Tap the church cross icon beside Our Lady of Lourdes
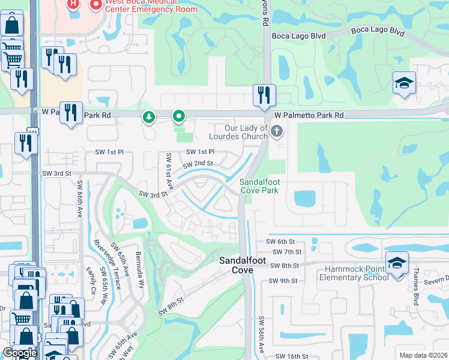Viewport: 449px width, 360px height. point(277,131)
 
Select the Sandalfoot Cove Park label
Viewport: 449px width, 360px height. point(259,186)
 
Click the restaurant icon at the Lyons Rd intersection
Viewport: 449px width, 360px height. point(264,95)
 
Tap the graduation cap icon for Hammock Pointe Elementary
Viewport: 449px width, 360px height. point(397,263)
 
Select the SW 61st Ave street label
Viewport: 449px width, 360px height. point(170,170)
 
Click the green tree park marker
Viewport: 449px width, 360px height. point(148,117)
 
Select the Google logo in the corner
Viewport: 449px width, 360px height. point(20,353)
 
